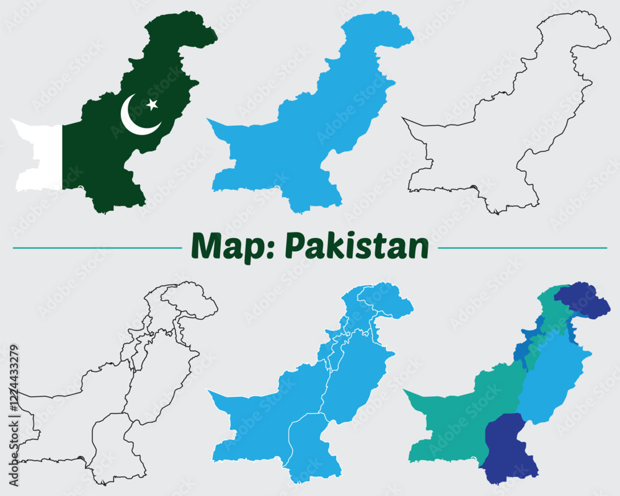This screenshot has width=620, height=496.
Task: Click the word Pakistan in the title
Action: (356, 246)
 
